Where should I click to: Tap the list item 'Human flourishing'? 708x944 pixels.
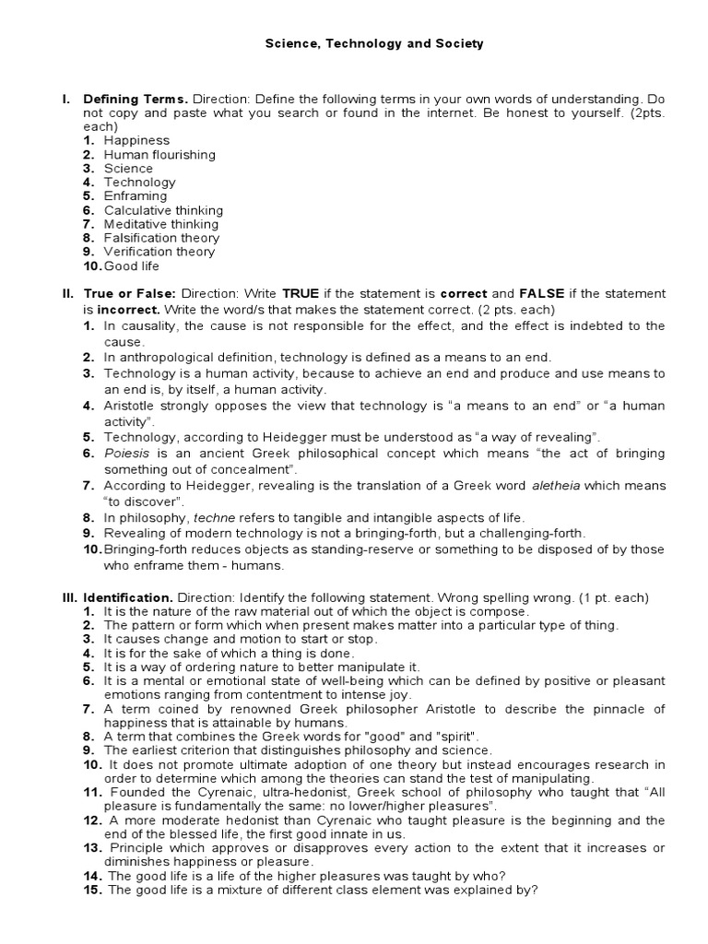click(159, 155)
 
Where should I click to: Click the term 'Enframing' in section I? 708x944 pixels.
click(136, 196)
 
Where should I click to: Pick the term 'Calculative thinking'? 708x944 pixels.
click(163, 210)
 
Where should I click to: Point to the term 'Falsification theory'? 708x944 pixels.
click(161, 238)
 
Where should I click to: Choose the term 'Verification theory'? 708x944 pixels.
click(159, 252)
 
